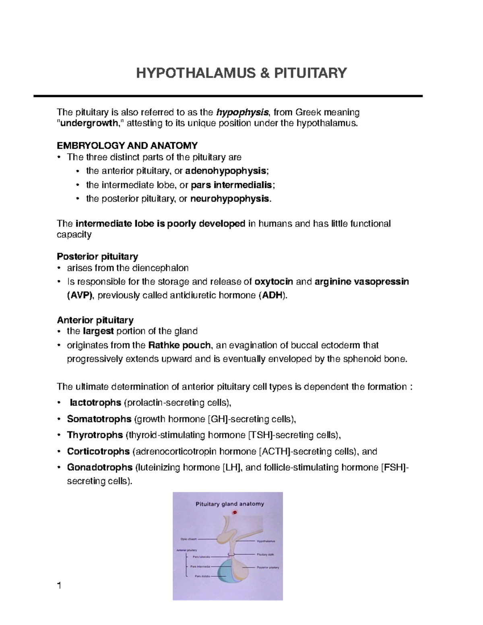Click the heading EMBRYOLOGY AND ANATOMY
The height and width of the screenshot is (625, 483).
[x=127, y=145]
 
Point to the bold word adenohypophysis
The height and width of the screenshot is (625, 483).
[x=226, y=171]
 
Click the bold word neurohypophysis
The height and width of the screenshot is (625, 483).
[x=229, y=199]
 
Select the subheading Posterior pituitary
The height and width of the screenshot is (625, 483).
[x=97, y=256]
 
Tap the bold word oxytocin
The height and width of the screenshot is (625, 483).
[x=274, y=282]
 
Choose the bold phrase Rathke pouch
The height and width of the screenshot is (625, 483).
[x=180, y=345]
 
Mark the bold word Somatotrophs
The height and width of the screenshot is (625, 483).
[x=99, y=419]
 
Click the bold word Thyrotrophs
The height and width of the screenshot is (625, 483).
[x=95, y=435]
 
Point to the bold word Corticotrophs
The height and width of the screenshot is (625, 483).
[x=98, y=452]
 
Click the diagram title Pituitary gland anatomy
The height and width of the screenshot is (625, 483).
[x=229, y=504]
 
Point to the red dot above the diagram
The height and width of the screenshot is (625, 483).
[x=235, y=512]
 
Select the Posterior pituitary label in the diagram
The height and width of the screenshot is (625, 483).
[x=268, y=567]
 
